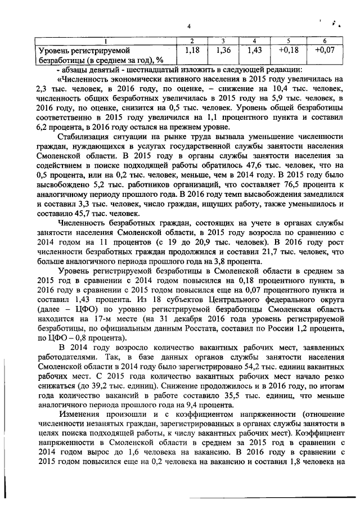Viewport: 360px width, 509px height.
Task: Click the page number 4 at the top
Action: [x=189, y=26]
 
